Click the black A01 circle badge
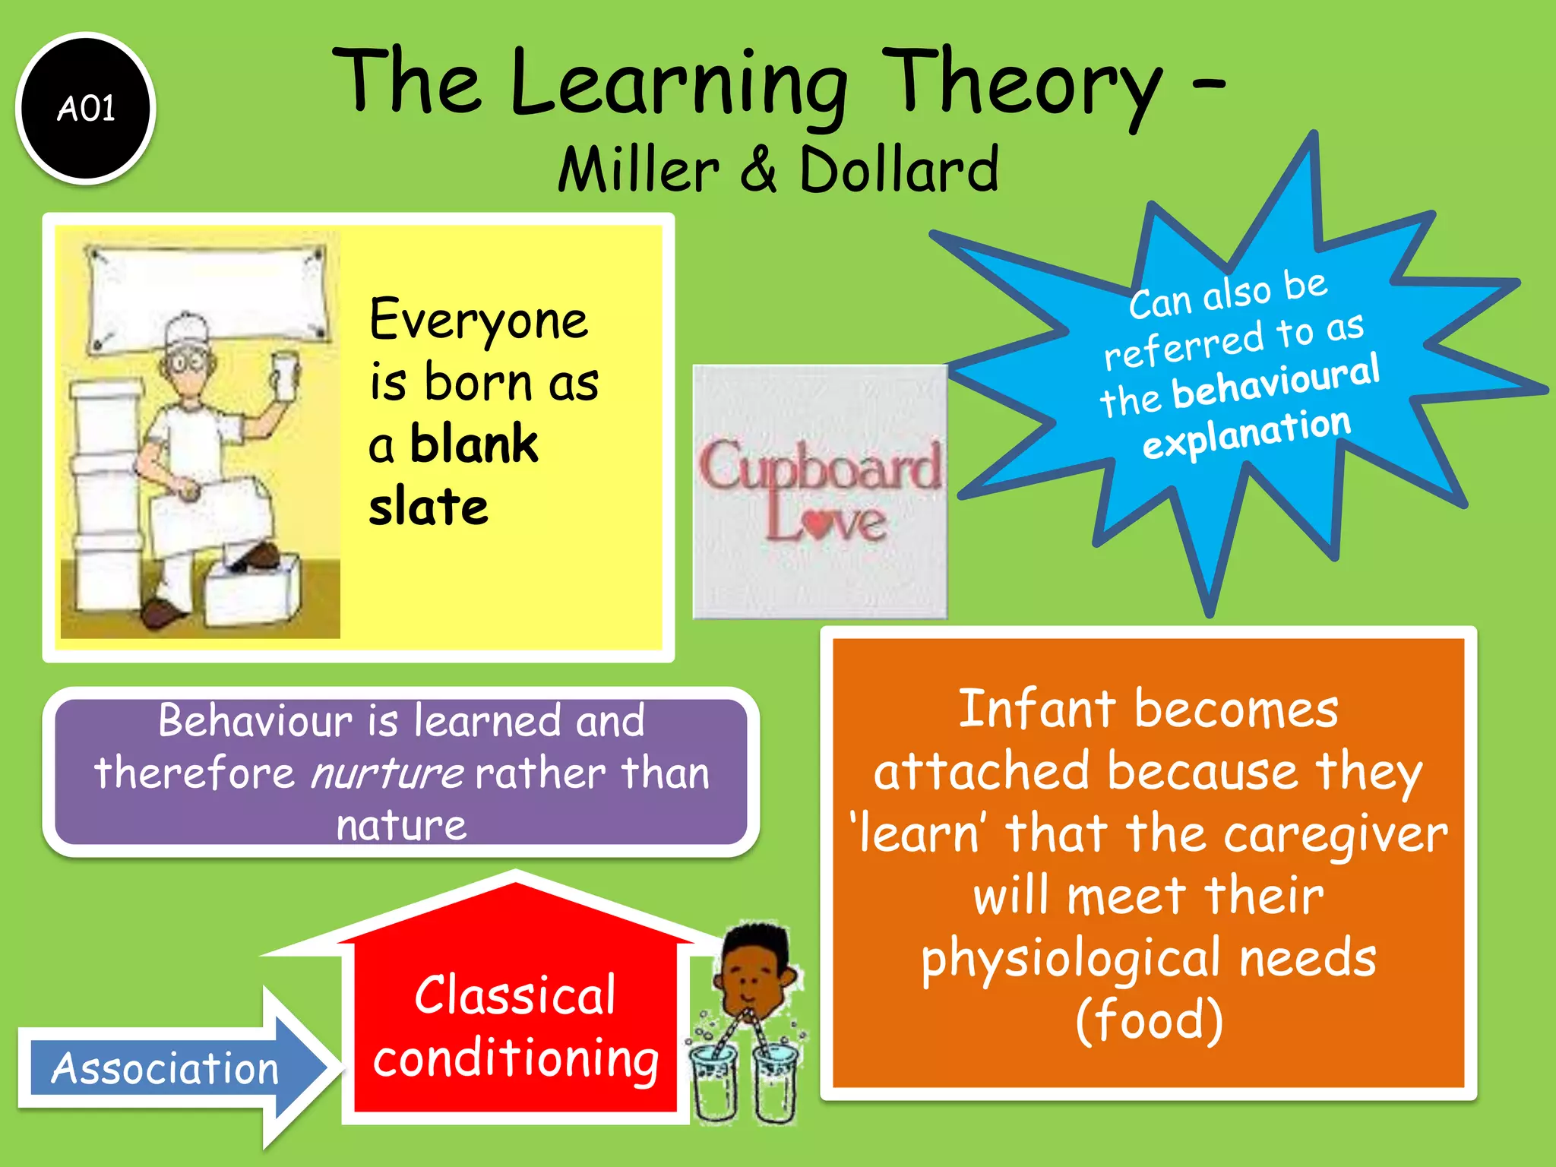pyautogui.click(x=86, y=108)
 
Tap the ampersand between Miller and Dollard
pyautogui.click(x=758, y=169)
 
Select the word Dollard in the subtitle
pyautogui.click(x=899, y=169)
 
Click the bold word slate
pyautogui.click(x=429, y=507)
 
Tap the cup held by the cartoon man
pyautogui.click(x=284, y=375)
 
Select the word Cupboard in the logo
pyautogui.click(x=820, y=465)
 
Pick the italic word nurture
pyautogui.click(x=387, y=773)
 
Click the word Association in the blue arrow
pyautogui.click(x=165, y=1068)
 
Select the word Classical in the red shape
pyautogui.click(x=514, y=995)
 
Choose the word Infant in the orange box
pyautogui.click(x=1038, y=709)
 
